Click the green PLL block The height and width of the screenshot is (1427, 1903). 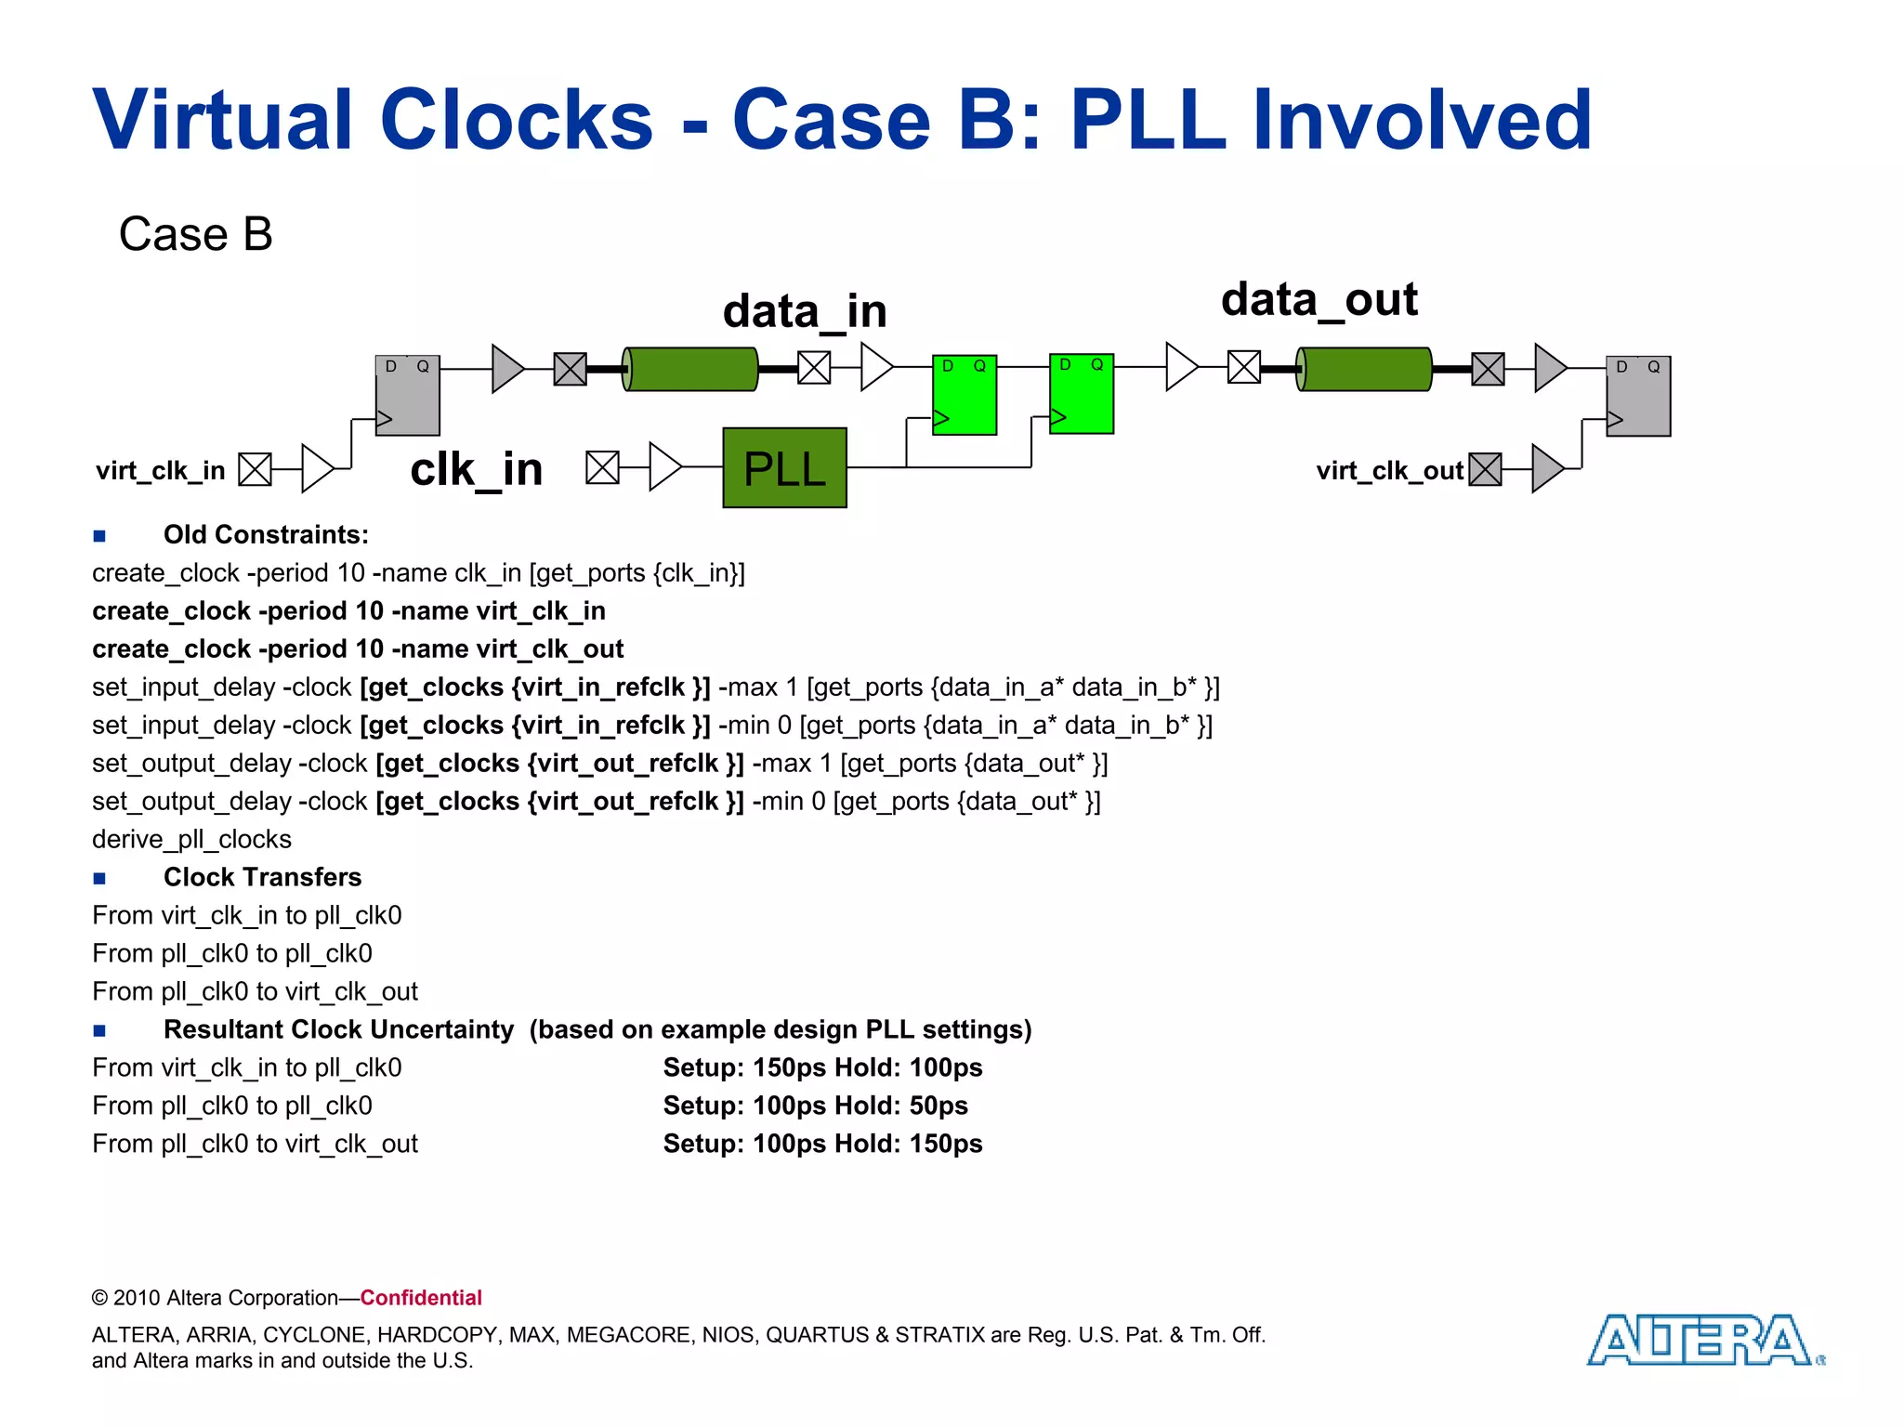click(784, 467)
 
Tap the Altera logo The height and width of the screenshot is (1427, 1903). click(1702, 1340)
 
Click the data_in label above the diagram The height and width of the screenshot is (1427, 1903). click(805, 310)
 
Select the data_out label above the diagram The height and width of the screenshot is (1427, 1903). click(1319, 299)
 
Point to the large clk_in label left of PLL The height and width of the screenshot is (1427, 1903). click(476, 468)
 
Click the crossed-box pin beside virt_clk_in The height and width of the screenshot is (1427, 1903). click(255, 469)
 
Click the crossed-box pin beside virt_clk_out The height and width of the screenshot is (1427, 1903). click(1485, 469)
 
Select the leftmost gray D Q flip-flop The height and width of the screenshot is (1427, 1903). click(407, 395)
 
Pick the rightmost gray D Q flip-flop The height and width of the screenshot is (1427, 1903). click(1638, 396)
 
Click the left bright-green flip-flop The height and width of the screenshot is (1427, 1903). click(965, 395)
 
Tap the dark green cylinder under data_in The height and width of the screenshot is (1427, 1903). click(690, 369)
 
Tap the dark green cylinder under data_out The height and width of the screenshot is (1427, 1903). click(1364, 369)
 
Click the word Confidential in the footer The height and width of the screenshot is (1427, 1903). click(421, 1298)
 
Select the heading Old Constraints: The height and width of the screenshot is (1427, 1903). click(266, 534)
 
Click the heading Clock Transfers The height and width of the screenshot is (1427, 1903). click(262, 877)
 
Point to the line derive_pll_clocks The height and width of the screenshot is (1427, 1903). click(191, 839)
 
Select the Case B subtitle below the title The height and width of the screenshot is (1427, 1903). click(195, 233)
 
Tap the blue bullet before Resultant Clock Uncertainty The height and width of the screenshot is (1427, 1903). click(99, 1030)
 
